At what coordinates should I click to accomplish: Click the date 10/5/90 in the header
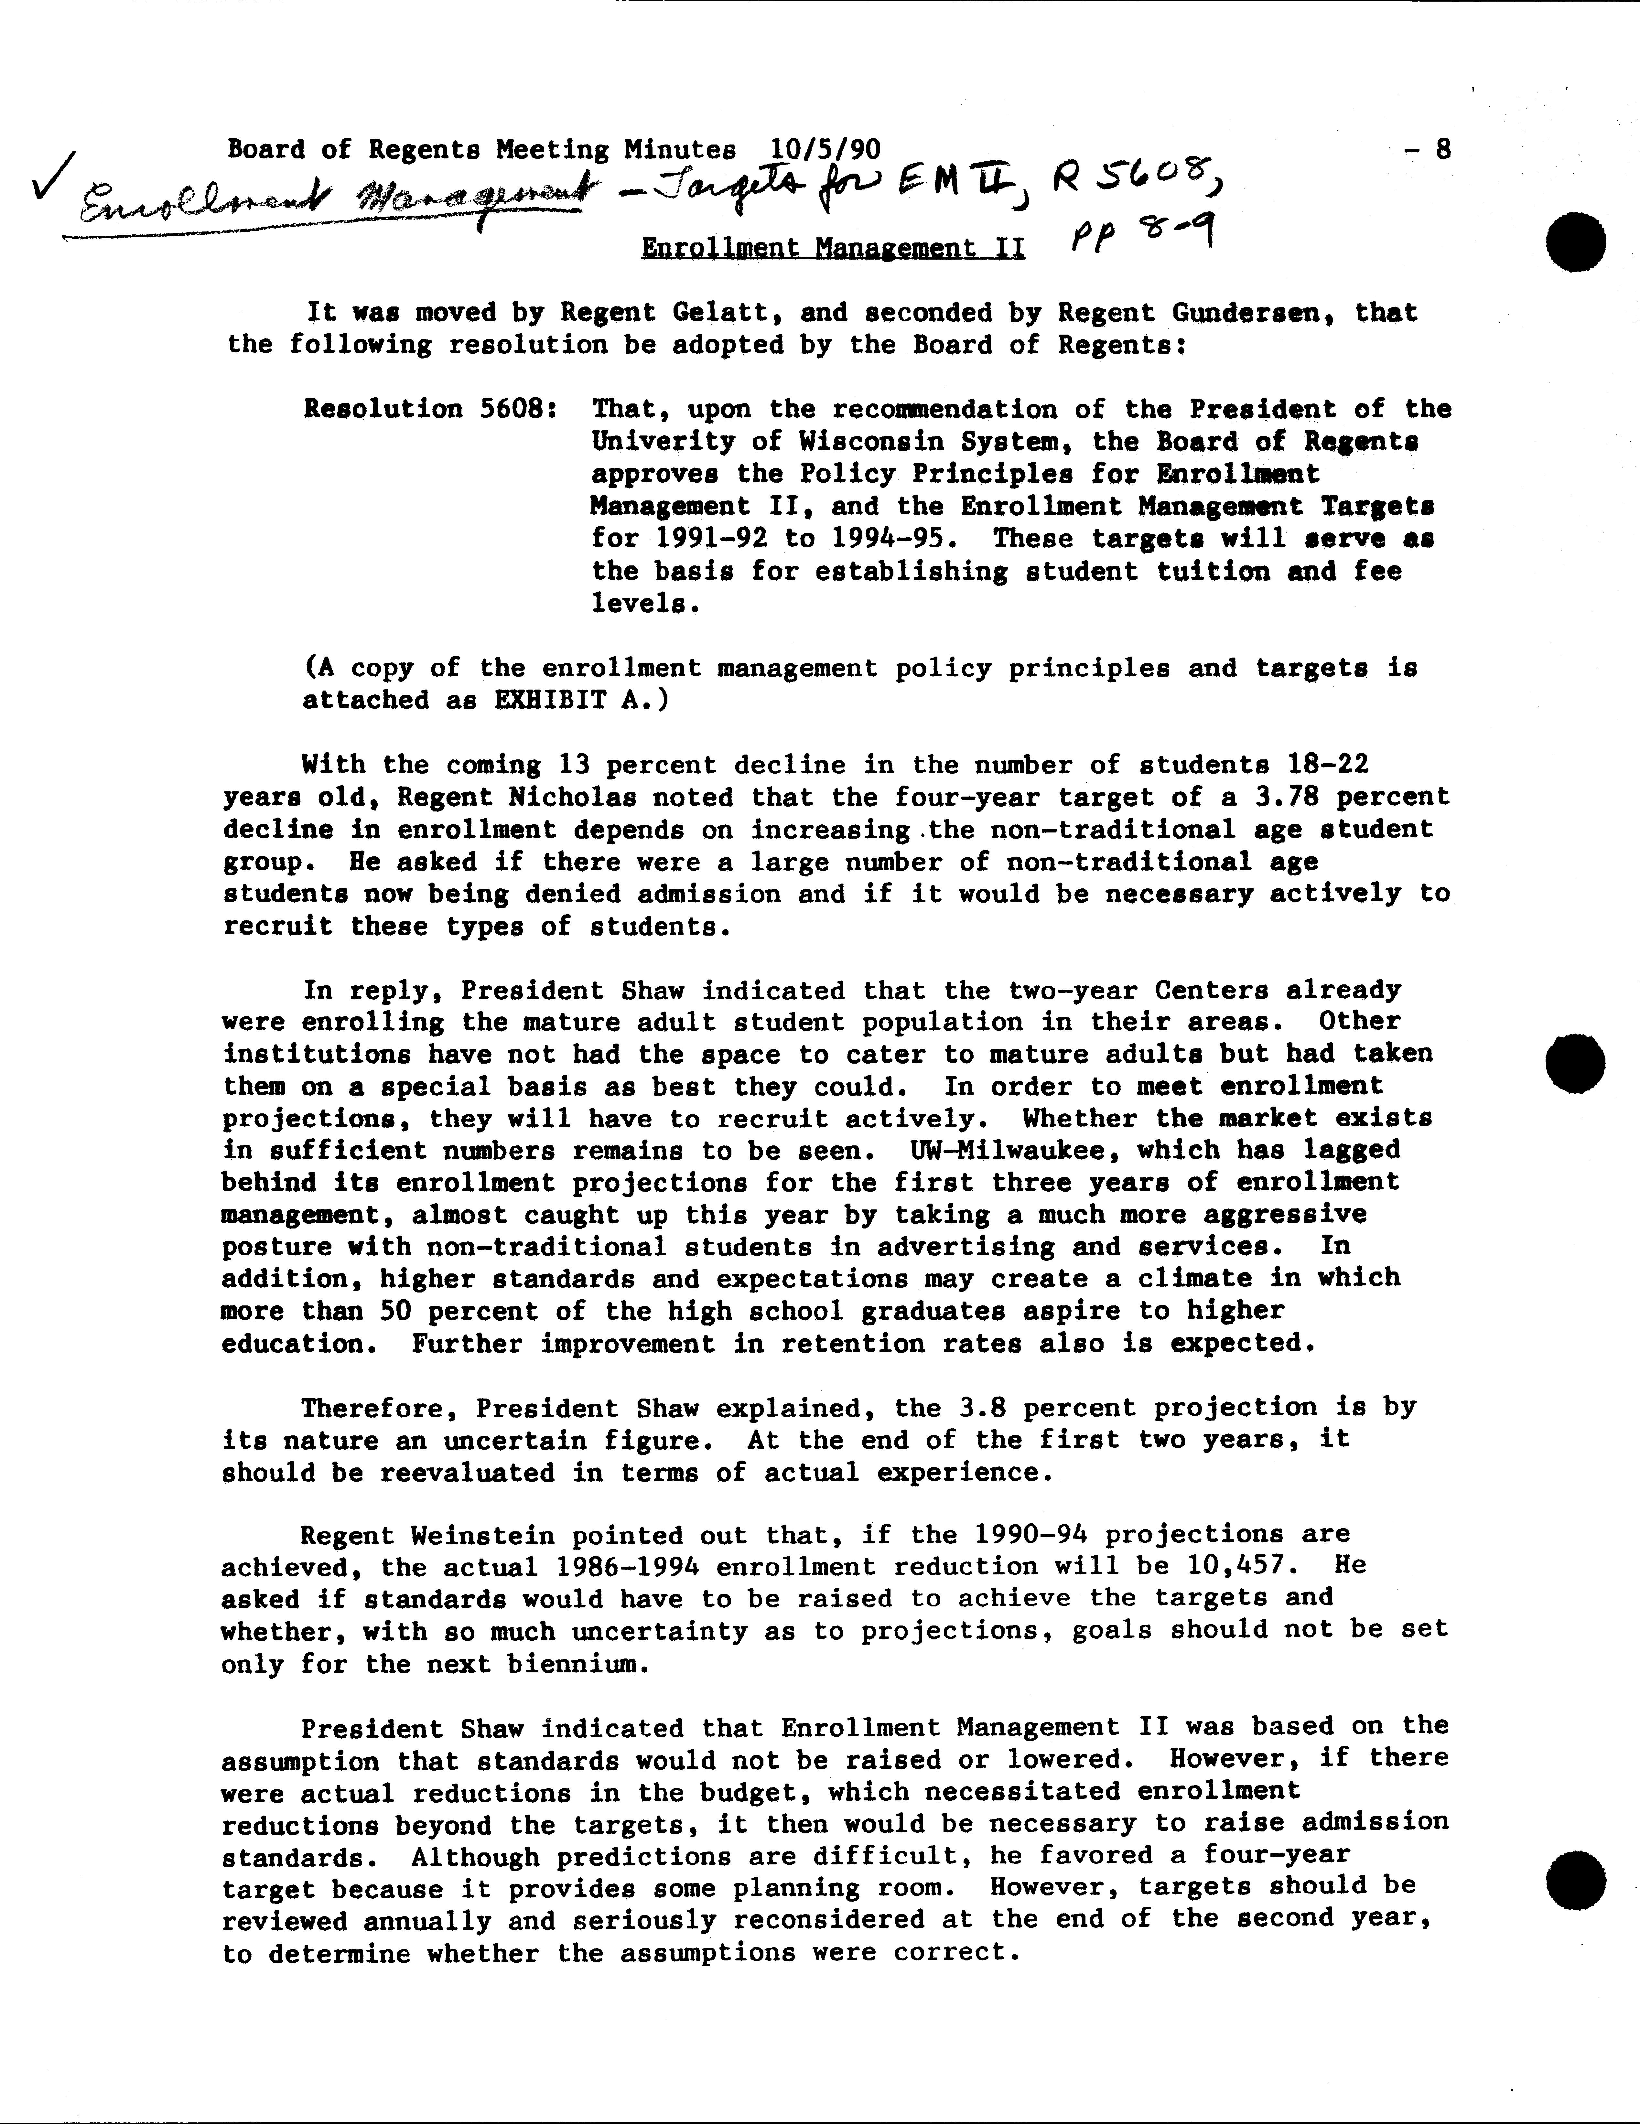point(825,149)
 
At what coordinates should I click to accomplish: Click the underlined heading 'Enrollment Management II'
point(833,249)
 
